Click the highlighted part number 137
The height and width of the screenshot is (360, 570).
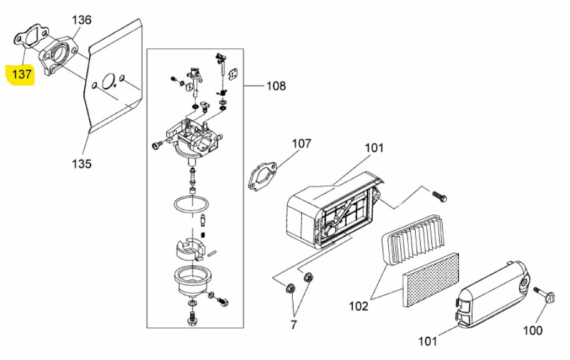pos(22,74)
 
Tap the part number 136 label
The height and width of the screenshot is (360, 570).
pos(81,19)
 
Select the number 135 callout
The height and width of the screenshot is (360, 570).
pos(81,163)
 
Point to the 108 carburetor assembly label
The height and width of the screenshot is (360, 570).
pos(277,85)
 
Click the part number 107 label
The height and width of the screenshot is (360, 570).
pos(302,144)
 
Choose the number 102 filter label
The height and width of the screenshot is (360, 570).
pos(359,306)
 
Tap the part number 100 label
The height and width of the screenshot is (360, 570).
pos(533,330)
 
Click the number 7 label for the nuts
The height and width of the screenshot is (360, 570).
pos(293,324)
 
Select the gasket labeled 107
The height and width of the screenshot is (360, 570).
pos(262,177)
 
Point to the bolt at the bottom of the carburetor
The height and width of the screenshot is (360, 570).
pos(191,317)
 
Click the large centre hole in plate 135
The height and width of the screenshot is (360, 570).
pos(109,80)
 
